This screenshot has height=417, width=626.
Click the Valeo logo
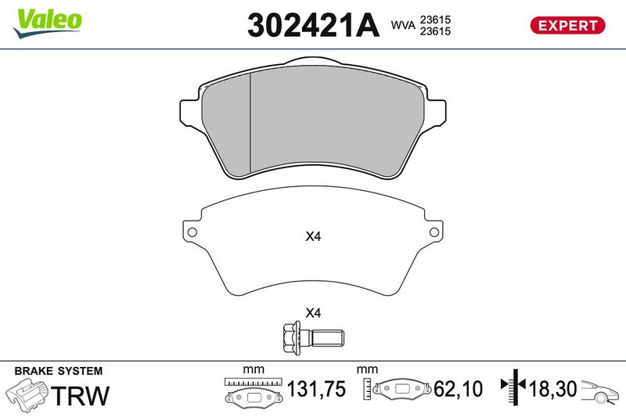pyautogui.click(x=48, y=23)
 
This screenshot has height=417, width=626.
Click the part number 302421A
pyautogui.click(x=313, y=25)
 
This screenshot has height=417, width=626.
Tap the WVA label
pyautogui.click(x=403, y=25)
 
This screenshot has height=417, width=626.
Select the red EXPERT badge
pyautogui.click(x=567, y=25)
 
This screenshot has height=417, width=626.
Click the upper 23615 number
pyautogui.click(x=435, y=20)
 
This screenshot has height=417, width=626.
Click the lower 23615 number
pyautogui.click(x=435, y=31)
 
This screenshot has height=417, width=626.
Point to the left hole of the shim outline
pyautogui.click(x=192, y=232)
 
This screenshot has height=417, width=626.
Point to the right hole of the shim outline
pyautogui.click(x=434, y=232)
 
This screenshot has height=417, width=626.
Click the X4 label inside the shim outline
pyautogui.click(x=313, y=236)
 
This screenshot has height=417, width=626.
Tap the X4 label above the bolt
pyautogui.click(x=313, y=313)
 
